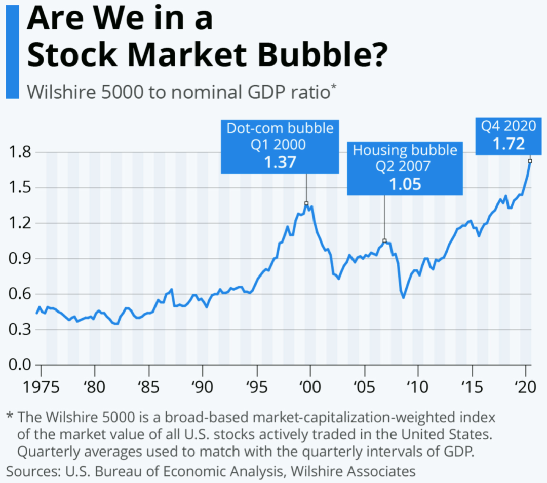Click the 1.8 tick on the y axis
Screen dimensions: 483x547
19,152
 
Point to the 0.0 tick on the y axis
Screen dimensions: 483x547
19,365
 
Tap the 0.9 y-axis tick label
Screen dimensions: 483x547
19,259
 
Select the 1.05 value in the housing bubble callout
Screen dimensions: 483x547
405,184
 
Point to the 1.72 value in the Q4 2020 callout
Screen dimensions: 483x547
510,145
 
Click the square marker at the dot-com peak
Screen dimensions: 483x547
306,203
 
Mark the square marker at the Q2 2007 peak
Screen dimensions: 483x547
384,241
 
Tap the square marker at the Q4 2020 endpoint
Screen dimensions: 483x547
530,161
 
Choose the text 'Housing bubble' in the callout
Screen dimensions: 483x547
405,150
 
